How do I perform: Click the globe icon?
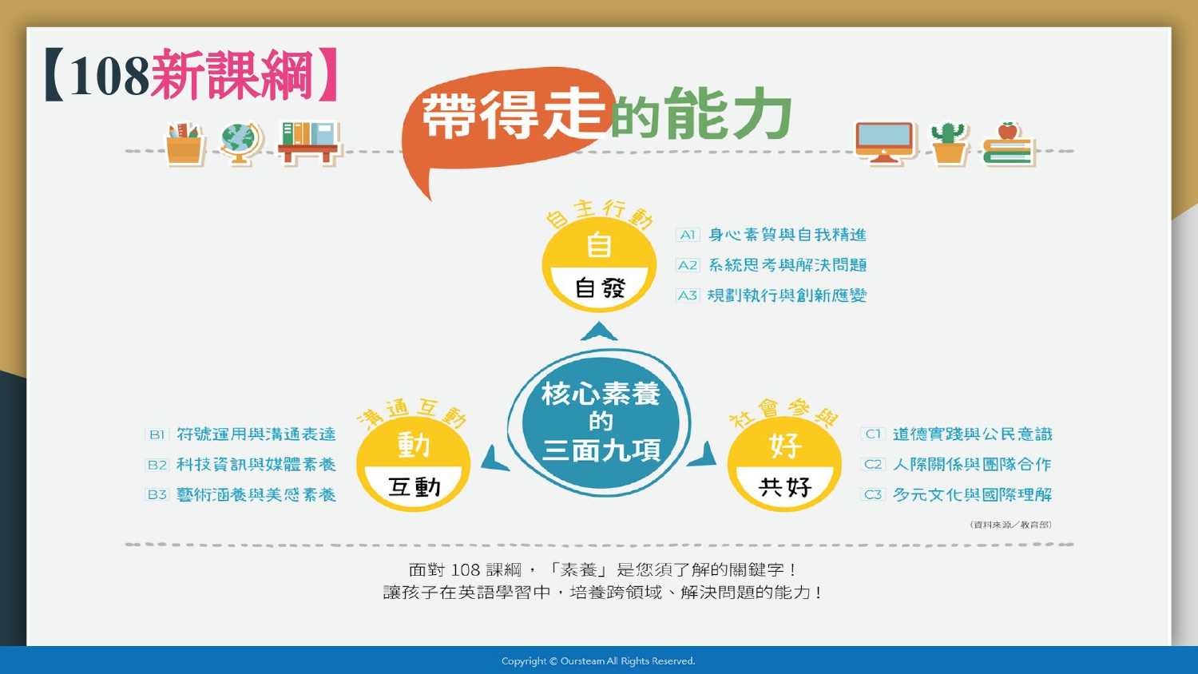tap(241, 143)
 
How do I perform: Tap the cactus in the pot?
tap(948, 144)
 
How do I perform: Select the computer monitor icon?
tap(885, 142)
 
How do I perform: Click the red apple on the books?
tap(1008, 130)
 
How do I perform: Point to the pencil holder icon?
tap(184, 144)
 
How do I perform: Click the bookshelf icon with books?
tap(309, 143)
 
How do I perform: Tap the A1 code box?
tap(688, 235)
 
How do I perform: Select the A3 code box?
tap(688, 295)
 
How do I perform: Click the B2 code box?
tap(157, 464)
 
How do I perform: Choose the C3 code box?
tap(873, 494)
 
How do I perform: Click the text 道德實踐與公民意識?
tap(972, 434)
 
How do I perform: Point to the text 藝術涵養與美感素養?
tap(256, 495)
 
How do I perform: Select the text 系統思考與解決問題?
tap(787, 265)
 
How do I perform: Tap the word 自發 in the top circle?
tap(600, 288)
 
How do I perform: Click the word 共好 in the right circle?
tap(784, 487)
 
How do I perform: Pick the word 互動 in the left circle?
tap(414, 487)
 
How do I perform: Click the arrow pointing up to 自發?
tap(599, 331)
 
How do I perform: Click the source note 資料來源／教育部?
tap(1011, 525)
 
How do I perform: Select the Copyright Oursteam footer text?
tap(598, 661)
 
